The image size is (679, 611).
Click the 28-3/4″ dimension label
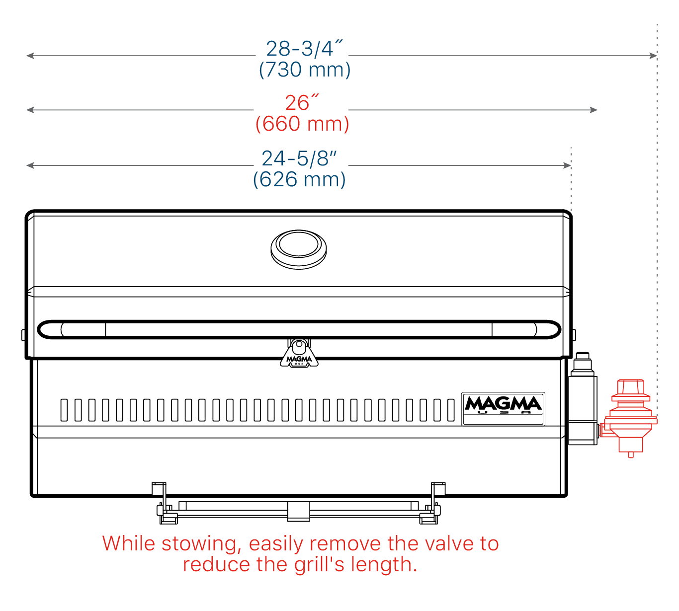pyautogui.click(x=304, y=48)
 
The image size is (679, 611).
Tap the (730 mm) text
pyautogui.click(x=305, y=70)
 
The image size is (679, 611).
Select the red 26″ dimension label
pyautogui.click(x=302, y=102)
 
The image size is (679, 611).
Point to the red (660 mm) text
pyautogui.click(x=302, y=124)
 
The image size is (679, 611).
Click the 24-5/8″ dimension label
pyautogui.click(x=299, y=158)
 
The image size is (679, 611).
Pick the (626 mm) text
pyautogui.click(x=300, y=179)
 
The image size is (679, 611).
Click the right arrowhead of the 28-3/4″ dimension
pyautogui.click(x=653, y=56)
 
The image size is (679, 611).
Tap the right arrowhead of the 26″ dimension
pyautogui.click(x=594, y=110)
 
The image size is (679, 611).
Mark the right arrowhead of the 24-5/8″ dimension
pyautogui.click(x=567, y=165)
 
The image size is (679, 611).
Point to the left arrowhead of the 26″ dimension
pyautogui.click(x=30, y=110)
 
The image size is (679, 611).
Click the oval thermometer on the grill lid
pyautogui.click(x=299, y=249)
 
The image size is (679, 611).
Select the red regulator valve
pyautogui.click(x=629, y=418)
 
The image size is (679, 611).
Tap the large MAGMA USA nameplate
pyautogui.click(x=503, y=409)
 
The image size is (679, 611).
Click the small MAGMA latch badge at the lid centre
pyautogui.click(x=299, y=354)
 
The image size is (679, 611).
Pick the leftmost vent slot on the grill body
pyautogui.click(x=64, y=410)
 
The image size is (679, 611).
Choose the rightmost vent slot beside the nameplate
pyautogui.click(x=451, y=410)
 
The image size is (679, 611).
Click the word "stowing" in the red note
pyautogui.click(x=201, y=544)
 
